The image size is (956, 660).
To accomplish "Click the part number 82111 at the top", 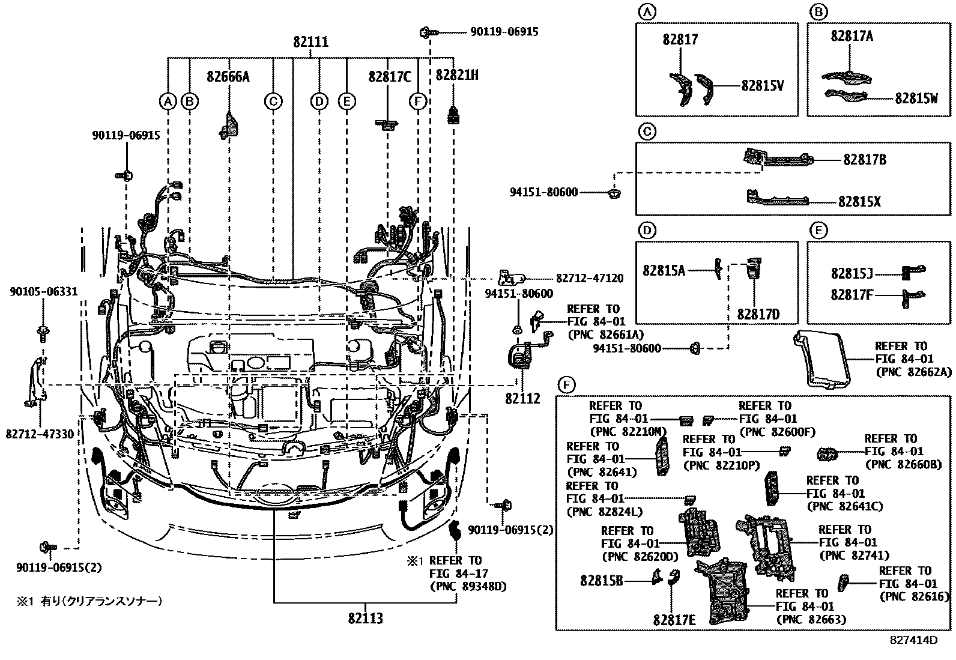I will click(310, 42).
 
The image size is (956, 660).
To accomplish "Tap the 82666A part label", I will click(228, 76).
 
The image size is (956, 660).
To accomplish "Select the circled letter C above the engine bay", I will click(273, 101).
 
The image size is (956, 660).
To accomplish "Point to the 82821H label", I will click(456, 75).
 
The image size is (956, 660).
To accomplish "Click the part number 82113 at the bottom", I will click(365, 617).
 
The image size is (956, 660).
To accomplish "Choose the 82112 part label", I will click(522, 398).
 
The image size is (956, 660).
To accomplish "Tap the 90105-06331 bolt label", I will click(43, 292).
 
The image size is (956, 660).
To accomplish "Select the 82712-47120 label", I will click(589, 279).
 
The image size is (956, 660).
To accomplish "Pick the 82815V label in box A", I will click(762, 86).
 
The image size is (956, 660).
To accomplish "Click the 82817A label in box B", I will click(852, 36).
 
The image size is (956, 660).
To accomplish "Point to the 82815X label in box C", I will click(859, 202).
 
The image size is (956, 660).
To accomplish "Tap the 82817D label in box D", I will click(758, 314).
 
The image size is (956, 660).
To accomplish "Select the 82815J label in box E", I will click(852, 273).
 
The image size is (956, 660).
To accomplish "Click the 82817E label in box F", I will click(674, 619).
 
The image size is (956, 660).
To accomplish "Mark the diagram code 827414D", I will click(913, 640).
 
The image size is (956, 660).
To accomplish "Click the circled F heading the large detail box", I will click(566, 384).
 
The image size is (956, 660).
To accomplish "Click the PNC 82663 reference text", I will click(811, 619).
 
